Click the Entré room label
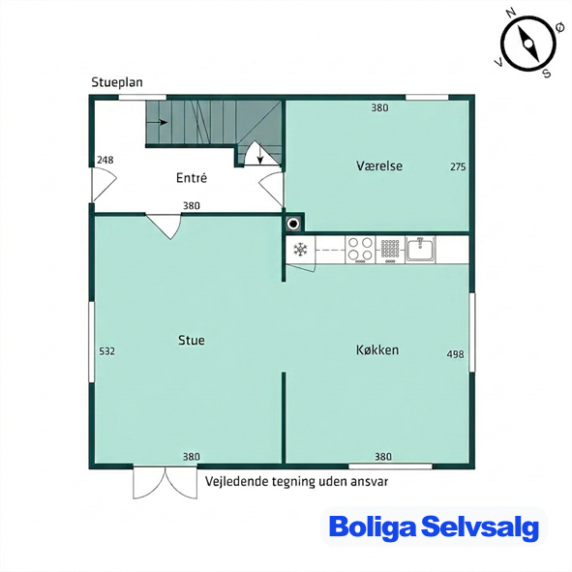pyautogui.click(x=192, y=178)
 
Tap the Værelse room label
pyautogui.click(x=379, y=166)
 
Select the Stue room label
pyautogui.click(x=192, y=340)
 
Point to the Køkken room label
pyautogui.click(x=377, y=349)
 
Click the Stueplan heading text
pyautogui.click(x=117, y=82)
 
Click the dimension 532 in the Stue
pyautogui.click(x=106, y=351)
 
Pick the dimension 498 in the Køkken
pyautogui.click(x=455, y=354)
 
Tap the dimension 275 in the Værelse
pyautogui.click(x=458, y=166)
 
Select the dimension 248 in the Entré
pyautogui.click(x=105, y=160)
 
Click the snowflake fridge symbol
pyautogui.click(x=300, y=250)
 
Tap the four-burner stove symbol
pyautogui.click(x=360, y=250)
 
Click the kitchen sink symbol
pyautogui.click(x=420, y=249)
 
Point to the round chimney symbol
pyautogui.click(x=293, y=224)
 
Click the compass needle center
pyautogui.click(x=527, y=45)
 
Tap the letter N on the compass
pyautogui.click(x=511, y=14)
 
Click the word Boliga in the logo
pyautogui.click(x=373, y=527)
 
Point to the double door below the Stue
pyautogui.click(x=166, y=482)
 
